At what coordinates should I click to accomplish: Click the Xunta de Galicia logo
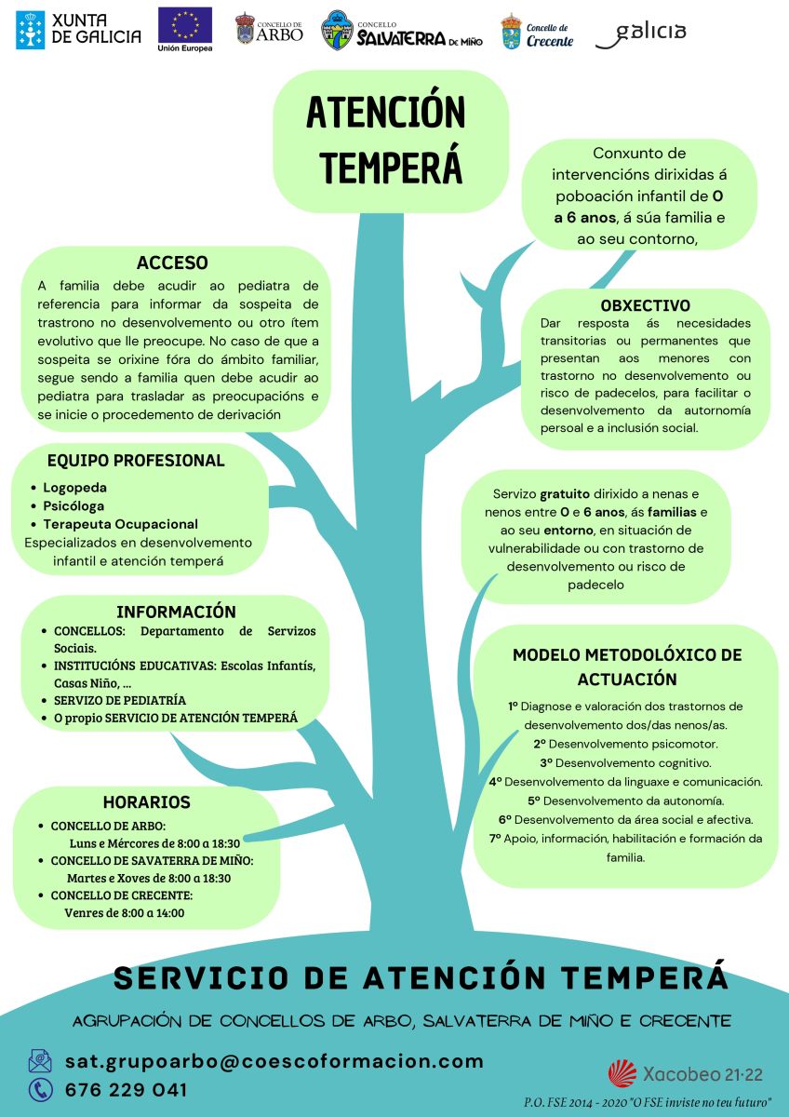78,30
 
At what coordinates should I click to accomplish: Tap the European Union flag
185,25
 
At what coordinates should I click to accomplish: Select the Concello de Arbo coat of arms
245,29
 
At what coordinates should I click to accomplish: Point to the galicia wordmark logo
641,34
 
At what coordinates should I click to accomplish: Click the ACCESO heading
172,262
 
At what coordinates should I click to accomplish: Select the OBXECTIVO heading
646,305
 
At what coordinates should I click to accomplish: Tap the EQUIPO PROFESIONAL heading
136,460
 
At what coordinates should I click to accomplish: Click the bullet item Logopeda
74,487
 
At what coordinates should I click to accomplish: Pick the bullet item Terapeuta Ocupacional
120,524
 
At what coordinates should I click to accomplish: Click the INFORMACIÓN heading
176,612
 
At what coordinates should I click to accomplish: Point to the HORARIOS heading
146,801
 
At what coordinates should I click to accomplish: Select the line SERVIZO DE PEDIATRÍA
120,701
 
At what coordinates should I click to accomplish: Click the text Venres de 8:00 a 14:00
124,913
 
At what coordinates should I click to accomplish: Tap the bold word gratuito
565,494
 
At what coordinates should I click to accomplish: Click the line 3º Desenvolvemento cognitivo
625,763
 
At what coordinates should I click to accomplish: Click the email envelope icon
40,1060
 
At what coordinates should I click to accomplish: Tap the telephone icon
40,1090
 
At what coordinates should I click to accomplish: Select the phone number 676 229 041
127,1090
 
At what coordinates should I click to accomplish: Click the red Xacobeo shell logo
622,1073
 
